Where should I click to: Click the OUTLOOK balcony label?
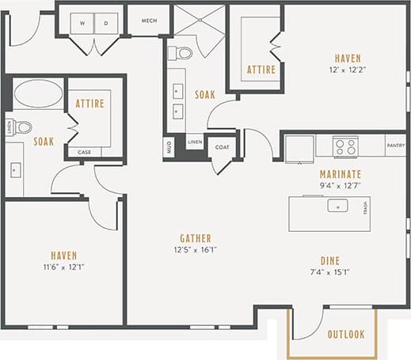tap(346, 335)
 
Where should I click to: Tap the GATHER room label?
tap(195, 237)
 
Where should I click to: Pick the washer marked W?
tap(82, 23)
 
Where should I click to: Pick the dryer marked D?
tap(106, 23)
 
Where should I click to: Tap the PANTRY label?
tap(395, 146)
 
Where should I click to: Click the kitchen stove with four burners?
tap(345, 146)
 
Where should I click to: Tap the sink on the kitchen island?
tap(337, 207)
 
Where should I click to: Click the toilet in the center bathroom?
tap(183, 54)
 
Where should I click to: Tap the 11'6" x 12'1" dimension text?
tap(63, 267)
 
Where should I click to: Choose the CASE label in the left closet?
tap(83, 152)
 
